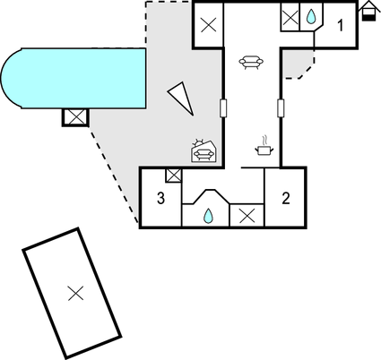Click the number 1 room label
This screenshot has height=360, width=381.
click(340, 25)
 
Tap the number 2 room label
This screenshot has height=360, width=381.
click(286, 198)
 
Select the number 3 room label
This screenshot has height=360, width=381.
click(160, 198)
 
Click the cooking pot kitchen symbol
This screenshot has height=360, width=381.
click(264, 146)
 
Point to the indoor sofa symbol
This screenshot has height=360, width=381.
click(251, 62)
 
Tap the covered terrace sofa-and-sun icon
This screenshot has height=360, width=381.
click(203, 150)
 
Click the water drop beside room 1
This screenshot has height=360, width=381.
click(311, 17)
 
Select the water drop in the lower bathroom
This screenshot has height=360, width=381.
click(208, 216)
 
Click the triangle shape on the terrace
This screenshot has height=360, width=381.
click(182, 98)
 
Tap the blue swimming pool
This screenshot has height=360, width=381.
click(74, 78)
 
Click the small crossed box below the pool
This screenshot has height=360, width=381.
click(75, 117)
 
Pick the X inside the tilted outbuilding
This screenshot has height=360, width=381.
click(75, 293)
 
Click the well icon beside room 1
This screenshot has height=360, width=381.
click(368, 11)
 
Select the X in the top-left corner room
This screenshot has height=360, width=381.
click(209, 25)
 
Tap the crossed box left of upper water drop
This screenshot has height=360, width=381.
click(290, 18)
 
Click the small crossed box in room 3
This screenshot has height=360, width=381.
click(174, 176)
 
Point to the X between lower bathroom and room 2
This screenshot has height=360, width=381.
click(247, 216)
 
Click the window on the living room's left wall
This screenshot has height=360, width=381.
click(223, 108)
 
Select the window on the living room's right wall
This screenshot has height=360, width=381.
click(281, 108)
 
